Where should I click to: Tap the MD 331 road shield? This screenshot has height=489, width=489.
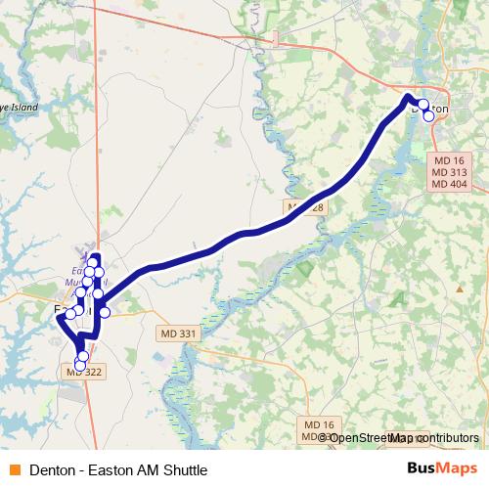[x=177, y=333]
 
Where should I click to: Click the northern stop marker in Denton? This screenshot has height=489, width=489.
[x=422, y=106]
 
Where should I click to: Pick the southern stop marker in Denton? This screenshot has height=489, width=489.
[x=428, y=115]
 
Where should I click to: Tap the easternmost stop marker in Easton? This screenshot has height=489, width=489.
[x=105, y=313]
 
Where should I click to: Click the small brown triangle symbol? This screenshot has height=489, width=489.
[x=459, y=289]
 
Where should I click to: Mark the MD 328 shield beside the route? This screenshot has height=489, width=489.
[x=303, y=208]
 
